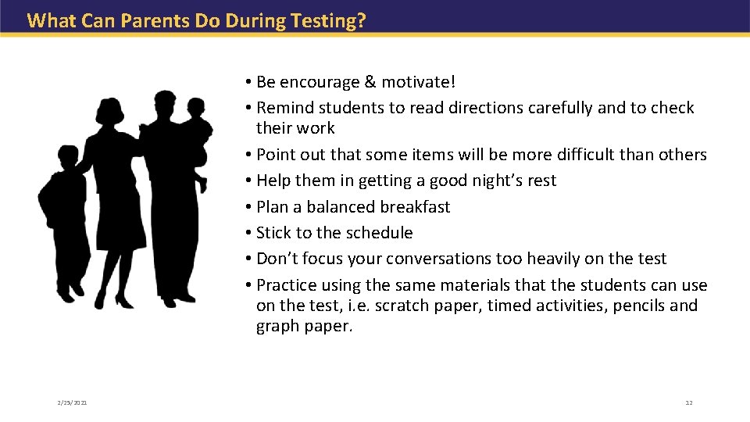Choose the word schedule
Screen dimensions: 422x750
pos(377,233)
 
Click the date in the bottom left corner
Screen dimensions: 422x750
pos(72,402)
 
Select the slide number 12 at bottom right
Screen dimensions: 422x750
pos(688,402)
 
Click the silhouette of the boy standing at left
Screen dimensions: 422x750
pos(64,219)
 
